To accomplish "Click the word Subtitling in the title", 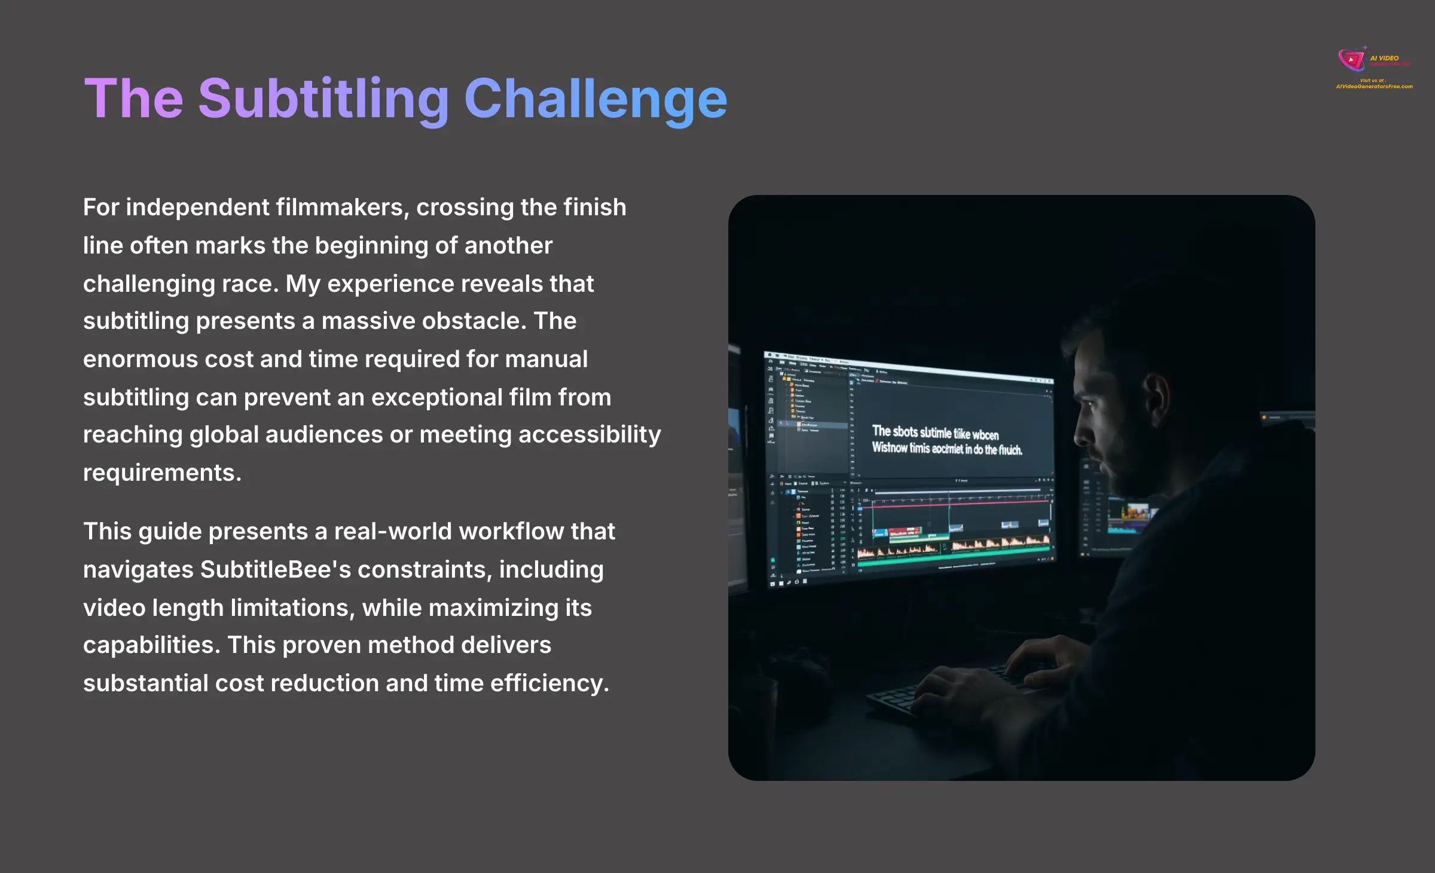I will pos(323,99).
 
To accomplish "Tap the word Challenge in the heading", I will pos(596,99).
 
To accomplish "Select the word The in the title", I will pos(133,99).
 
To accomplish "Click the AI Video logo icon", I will pos(1351,60).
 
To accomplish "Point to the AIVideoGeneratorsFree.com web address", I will pos(1374,87).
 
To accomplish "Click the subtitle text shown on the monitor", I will pos(947,440).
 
